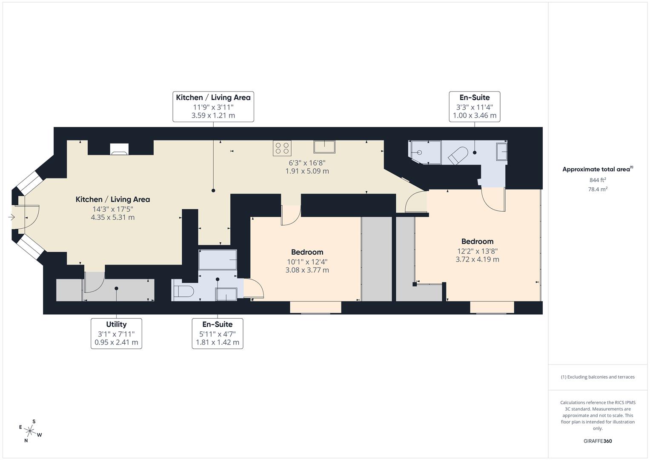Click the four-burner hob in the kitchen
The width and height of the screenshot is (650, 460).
(282, 148)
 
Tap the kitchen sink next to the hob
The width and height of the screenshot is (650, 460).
(324, 147)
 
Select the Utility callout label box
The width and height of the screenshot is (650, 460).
(116, 333)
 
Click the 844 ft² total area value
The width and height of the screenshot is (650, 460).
(598, 180)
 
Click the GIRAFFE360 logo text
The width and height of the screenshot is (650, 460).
(598, 441)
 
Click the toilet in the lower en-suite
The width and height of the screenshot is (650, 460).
(183, 292)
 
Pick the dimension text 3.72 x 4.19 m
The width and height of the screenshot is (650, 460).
(477, 259)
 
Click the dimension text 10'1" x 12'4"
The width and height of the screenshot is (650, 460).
(307, 262)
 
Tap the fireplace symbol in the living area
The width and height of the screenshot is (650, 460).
(119, 149)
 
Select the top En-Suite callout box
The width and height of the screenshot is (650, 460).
(474, 106)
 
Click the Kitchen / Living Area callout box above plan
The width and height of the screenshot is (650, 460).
(213, 106)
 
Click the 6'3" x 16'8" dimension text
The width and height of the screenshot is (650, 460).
(307, 163)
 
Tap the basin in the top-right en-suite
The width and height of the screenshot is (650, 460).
(502, 152)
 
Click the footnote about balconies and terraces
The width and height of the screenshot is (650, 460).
(598, 377)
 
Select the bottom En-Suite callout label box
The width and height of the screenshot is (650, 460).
(218, 333)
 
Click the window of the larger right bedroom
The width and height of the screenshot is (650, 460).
(492, 308)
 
